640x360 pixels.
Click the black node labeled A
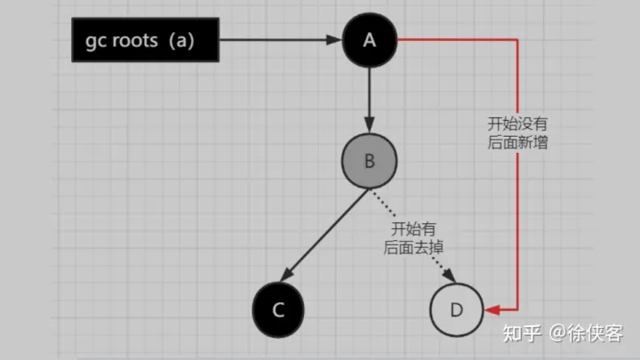coord(369,39)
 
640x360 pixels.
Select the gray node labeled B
coord(369,163)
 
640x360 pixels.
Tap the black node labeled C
coord(278,309)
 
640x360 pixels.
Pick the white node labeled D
coord(456,309)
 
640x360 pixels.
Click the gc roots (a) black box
coord(144,40)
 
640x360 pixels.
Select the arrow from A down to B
coord(369,98)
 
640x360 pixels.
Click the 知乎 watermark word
coord(520,334)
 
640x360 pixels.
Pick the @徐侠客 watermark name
coord(587,334)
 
